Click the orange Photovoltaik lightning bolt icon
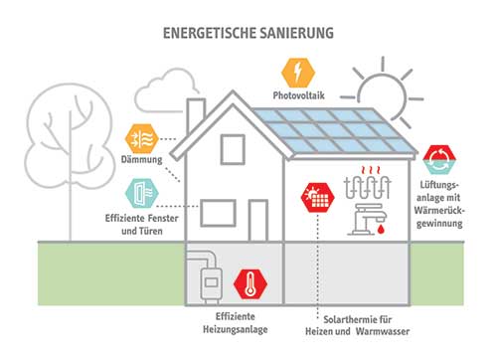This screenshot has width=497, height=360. point(295,73)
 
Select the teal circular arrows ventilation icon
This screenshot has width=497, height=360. point(437,159)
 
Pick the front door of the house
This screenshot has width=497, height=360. point(258,220)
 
